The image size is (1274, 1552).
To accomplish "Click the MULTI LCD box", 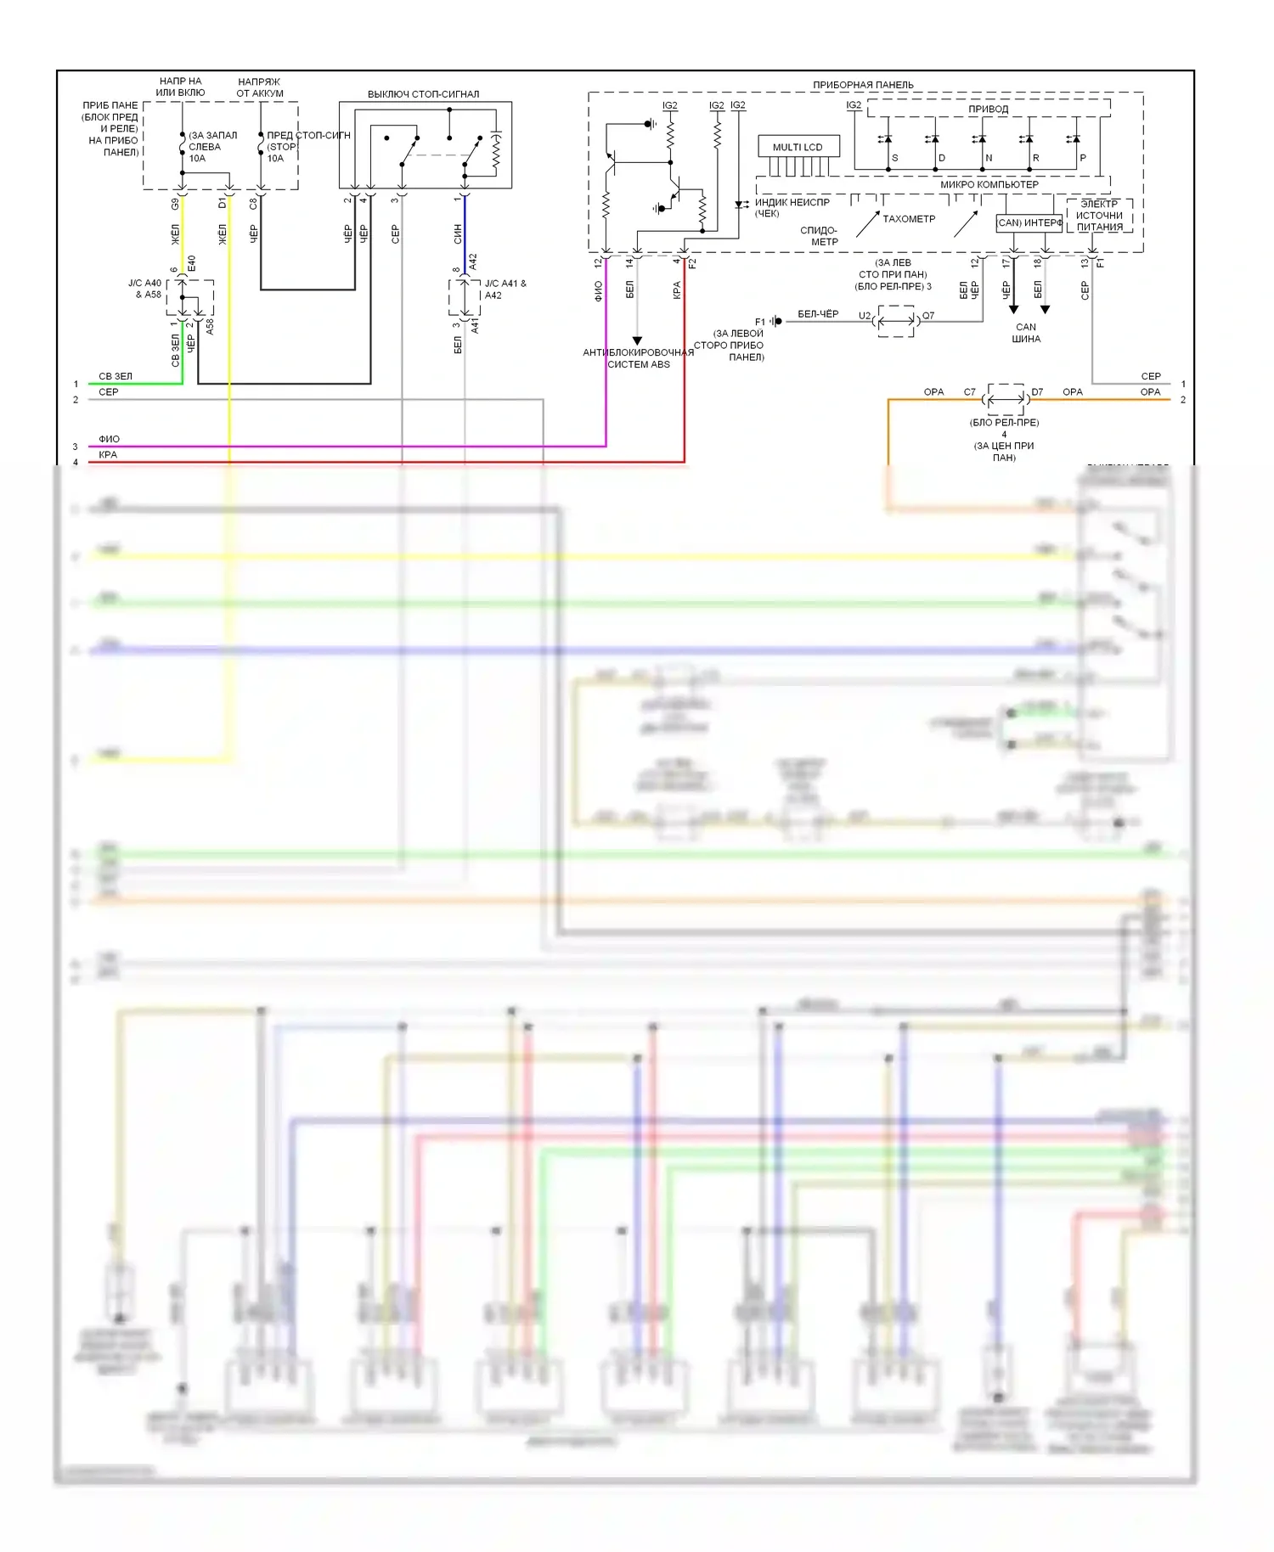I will pyautogui.click(x=798, y=147).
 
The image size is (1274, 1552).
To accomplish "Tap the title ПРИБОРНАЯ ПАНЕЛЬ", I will pyautogui.click(x=863, y=85).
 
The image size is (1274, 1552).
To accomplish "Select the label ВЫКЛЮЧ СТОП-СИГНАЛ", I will pyautogui.click(x=423, y=94).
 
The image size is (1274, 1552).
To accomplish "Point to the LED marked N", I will pyautogui.click(x=981, y=140).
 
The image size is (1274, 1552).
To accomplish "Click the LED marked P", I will pyautogui.click(x=1075, y=140).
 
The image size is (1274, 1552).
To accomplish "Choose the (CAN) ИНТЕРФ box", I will pyautogui.click(x=1029, y=223).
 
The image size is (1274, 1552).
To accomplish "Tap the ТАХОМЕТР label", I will pyautogui.click(x=909, y=219).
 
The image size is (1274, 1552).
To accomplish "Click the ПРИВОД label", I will pyautogui.click(x=989, y=110).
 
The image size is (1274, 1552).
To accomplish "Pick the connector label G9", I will pyautogui.click(x=176, y=204).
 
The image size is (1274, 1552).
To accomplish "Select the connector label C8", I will pyautogui.click(x=253, y=204).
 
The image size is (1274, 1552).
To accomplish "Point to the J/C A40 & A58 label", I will pyautogui.click(x=144, y=289).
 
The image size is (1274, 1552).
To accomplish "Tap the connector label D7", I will pyautogui.click(x=1037, y=392).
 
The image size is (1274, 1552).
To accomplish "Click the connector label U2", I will pyautogui.click(x=864, y=316).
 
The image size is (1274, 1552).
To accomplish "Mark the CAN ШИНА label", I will pyautogui.click(x=1026, y=333).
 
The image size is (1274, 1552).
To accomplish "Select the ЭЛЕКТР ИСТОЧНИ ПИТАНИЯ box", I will pyautogui.click(x=1099, y=216).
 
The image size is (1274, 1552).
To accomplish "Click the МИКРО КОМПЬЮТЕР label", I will pyautogui.click(x=989, y=184).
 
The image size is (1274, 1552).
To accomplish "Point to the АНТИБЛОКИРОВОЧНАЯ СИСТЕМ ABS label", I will pyautogui.click(x=638, y=358).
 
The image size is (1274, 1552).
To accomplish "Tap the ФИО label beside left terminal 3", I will pyautogui.click(x=109, y=439).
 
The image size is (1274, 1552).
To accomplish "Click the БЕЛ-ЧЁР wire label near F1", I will pyautogui.click(x=818, y=314).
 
